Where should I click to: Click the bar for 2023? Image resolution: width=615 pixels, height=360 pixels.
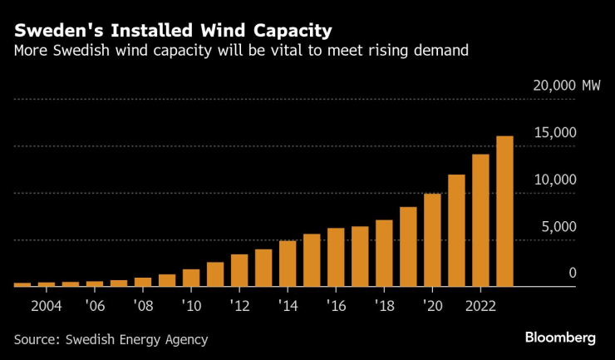click(x=504, y=211)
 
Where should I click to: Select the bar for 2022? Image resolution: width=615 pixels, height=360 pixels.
click(x=480, y=220)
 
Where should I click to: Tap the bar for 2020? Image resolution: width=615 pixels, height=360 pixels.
click(x=432, y=240)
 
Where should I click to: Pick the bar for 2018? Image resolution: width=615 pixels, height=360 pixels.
click(x=384, y=254)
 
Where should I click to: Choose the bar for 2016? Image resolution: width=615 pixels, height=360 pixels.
click(x=336, y=258)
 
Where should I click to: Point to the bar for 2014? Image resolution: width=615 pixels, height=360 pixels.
click(x=288, y=264)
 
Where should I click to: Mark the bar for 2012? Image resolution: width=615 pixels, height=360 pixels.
click(x=239, y=270)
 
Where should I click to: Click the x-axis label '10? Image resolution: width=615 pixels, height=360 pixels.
click(x=191, y=304)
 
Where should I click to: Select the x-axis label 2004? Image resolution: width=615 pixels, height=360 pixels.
click(x=47, y=304)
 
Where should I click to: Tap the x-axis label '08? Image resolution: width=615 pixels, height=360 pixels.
click(x=143, y=304)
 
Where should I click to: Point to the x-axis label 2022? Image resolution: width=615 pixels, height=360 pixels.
click(x=480, y=304)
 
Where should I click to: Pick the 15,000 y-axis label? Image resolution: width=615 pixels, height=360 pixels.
click(x=553, y=133)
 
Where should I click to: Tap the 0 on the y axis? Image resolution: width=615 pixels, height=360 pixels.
click(x=572, y=274)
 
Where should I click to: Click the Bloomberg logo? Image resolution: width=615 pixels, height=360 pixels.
click(x=560, y=338)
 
